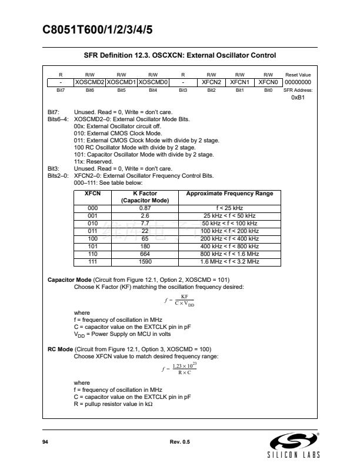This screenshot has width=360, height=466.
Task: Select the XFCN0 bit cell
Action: point(268,82)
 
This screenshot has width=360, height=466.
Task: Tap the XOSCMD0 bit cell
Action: point(153,82)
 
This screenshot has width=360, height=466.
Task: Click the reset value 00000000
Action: point(298,82)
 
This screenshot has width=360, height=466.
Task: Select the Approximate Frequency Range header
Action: point(229,194)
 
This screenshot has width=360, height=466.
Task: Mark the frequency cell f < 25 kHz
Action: point(229,208)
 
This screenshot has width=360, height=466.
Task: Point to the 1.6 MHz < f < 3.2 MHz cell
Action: point(229,261)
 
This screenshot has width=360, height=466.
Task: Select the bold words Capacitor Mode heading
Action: point(68,279)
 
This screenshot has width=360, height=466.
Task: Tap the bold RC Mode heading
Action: point(60,349)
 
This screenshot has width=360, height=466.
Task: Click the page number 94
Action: point(45,441)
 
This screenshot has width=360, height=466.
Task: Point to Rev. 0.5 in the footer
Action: point(179,441)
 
